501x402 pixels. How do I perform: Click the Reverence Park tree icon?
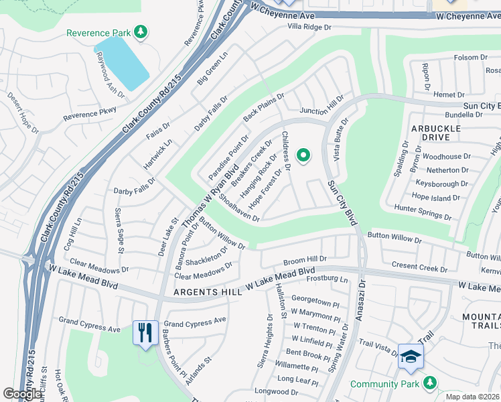[x=141, y=31]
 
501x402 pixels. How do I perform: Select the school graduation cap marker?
[x=410, y=356]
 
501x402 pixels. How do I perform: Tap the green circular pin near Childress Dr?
[x=303, y=156]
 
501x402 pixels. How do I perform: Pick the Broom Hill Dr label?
[x=305, y=258]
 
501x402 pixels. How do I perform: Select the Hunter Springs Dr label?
[x=422, y=212]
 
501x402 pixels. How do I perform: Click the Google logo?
[x=22, y=394]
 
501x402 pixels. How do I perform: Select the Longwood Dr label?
[x=271, y=391]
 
